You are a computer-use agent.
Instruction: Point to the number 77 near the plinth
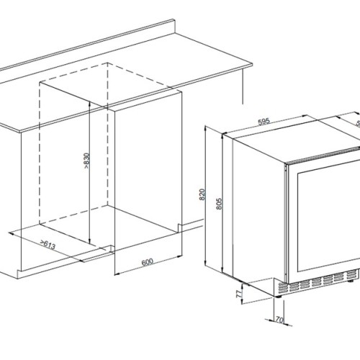click(x=241, y=294)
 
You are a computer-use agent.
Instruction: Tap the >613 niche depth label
click(x=49, y=246)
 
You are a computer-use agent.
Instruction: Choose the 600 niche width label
click(x=147, y=261)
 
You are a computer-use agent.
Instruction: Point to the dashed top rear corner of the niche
click(x=108, y=63)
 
